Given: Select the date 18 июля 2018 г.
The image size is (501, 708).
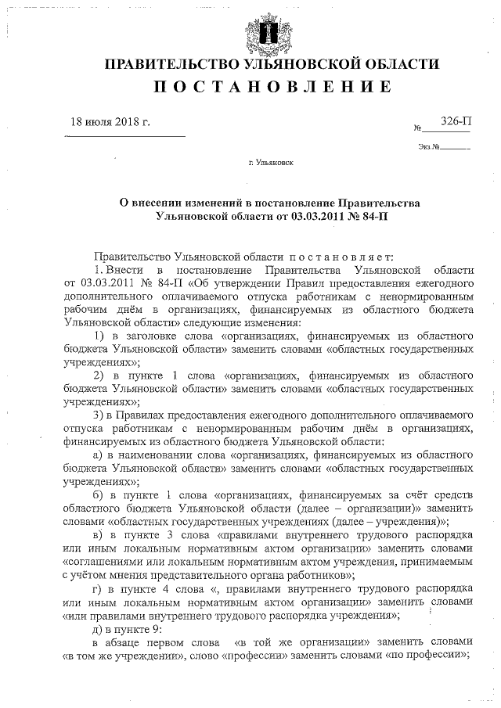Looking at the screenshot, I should (110, 124).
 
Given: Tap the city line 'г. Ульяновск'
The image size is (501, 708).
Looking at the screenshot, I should (270, 165).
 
